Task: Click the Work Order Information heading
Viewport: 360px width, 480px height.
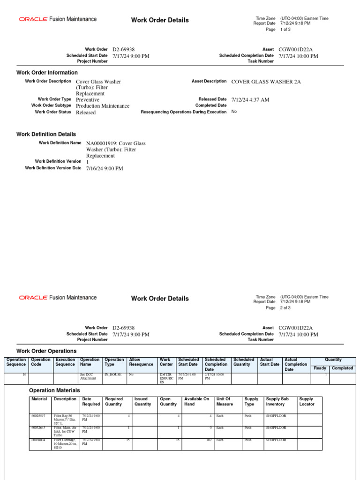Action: coord(47,73)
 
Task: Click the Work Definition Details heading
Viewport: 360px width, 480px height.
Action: coord(46,135)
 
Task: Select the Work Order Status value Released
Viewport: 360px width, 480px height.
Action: coord(86,112)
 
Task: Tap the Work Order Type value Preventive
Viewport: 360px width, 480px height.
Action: coord(88,100)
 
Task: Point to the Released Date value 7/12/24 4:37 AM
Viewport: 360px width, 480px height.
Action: coord(250,100)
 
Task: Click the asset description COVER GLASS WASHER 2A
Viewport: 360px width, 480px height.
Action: coord(266,82)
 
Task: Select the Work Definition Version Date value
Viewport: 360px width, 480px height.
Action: coord(105,169)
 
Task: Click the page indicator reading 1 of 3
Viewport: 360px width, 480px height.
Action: coord(285,30)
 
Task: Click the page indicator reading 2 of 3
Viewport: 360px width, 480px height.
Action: coord(285,308)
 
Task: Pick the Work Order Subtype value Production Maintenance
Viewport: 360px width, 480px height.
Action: coord(103,106)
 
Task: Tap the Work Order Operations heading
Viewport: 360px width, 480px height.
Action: coord(46,351)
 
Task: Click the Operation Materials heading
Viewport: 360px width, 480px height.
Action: coord(54,390)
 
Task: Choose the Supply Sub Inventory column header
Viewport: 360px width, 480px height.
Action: coord(277,402)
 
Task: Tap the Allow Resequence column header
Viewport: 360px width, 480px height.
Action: coord(141,362)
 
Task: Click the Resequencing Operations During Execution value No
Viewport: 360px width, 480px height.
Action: coord(234,112)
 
